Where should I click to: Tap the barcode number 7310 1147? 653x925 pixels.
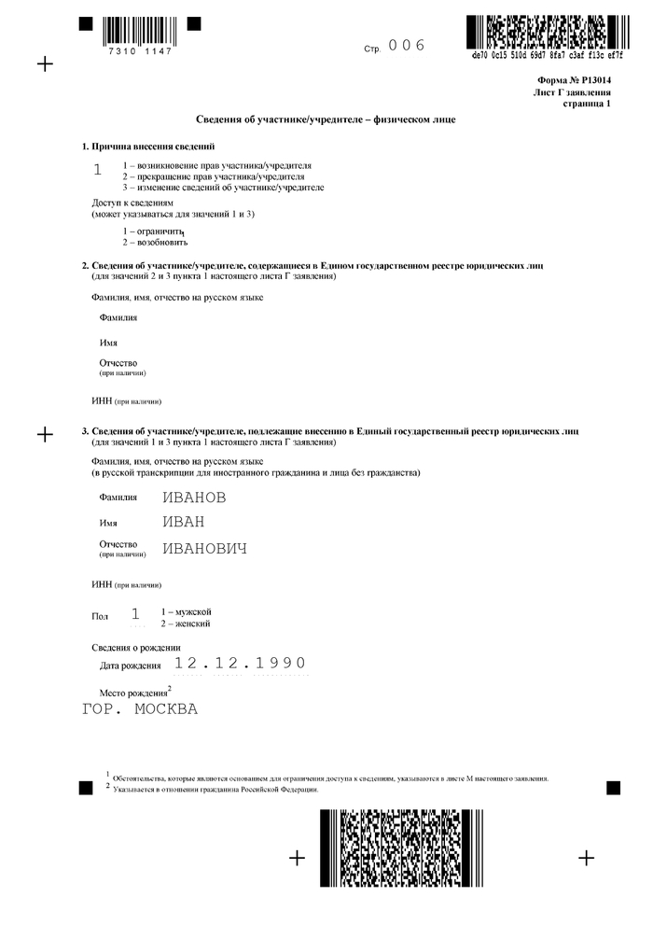coord(140,51)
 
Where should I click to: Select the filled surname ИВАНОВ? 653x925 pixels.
coord(194,498)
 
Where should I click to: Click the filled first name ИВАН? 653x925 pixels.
coord(184,522)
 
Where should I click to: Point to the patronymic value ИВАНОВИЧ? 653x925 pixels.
coord(205,549)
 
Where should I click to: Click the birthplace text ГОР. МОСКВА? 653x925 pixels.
coord(140,709)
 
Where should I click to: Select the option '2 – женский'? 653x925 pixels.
coord(185,623)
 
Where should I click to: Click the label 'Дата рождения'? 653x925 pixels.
coord(130,666)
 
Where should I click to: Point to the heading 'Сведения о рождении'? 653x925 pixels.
coord(135,647)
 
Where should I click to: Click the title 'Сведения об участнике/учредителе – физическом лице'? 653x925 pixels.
coord(326,120)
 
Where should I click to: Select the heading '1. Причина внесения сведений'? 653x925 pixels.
coord(148,147)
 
